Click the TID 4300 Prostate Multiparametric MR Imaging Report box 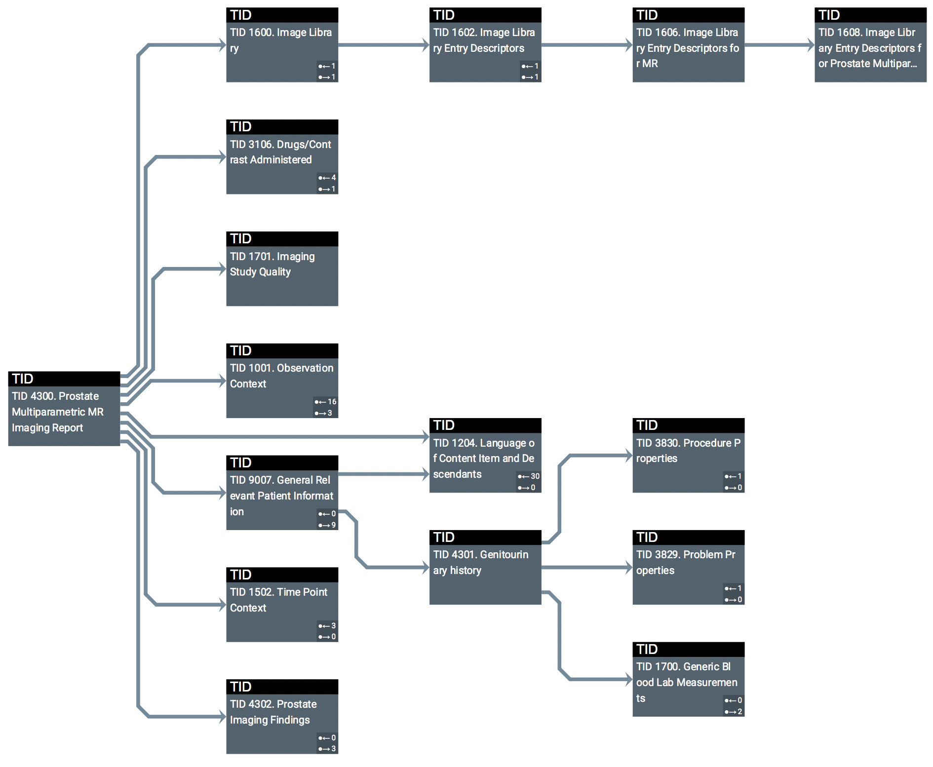pyautogui.click(x=64, y=409)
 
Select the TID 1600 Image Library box pyautogui.click(x=282, y=45)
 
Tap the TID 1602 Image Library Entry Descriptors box pyautogui.click(x=485, y=45)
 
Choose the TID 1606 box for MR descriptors pyautogui.click(x=688, y=45)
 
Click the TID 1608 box pyautogui.click(x=870, y=45)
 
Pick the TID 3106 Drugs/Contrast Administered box pyautogui.click(x=282, y=157)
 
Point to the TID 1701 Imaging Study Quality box pyautogui.click(x=282, y=269)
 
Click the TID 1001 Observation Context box pyautogui.click(x=282, y=381)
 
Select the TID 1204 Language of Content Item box pyautogui.click(x=485, y=456)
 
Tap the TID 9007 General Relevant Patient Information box pyautogui.click(x=282, y=493)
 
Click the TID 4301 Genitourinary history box pyautogui.click(x=485, y=568)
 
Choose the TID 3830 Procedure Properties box pyautogui.click(x=688, y=456)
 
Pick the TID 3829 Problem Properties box pyautogui.click(x=688, y=568)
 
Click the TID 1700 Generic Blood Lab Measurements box pyautogui.click(x=688, y=680)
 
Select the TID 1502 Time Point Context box pyautogui.click(x=282, y=605)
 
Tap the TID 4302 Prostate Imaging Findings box pyautogui.click(x=282, y=717)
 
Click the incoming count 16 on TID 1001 pyautogui.click(x=331, y=402)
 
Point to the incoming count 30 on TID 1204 pyautogui.click(x=535, y=476)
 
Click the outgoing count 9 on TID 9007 pyautogui.click(x=333, y=525)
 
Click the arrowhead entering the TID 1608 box pyautogui.click(x=811, y=45)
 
